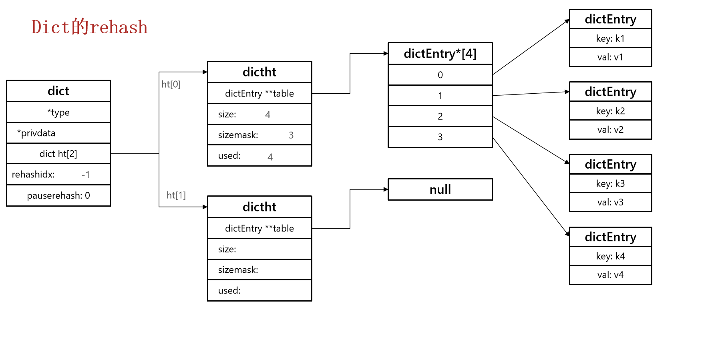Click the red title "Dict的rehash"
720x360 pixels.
tap(89, 27)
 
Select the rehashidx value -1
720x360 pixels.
tap(86, 175)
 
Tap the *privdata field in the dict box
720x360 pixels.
tap(36, 133)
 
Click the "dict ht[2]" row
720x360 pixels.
tap(58, 154)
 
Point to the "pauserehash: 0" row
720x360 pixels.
tap(58, 195)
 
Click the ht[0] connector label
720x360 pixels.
tap(171, 84)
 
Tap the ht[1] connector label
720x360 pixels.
tap(176, 195)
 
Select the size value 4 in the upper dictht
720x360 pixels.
tap(268, 115)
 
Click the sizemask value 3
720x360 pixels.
tap(291, 135)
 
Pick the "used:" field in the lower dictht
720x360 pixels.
tap(229, 290)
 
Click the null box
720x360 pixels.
tap(440, 189)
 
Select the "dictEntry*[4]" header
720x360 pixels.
tap(440, 53)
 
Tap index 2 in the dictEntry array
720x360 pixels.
tap(440, 116)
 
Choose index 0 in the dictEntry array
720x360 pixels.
tap(440, 75)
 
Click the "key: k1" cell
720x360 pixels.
tap(610, 38)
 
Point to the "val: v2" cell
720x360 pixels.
tap(610, 130)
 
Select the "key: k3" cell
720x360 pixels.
tap(610, 183)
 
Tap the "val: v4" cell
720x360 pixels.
tap(610, 275)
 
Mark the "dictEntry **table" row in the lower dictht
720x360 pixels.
tap(259, 228)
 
